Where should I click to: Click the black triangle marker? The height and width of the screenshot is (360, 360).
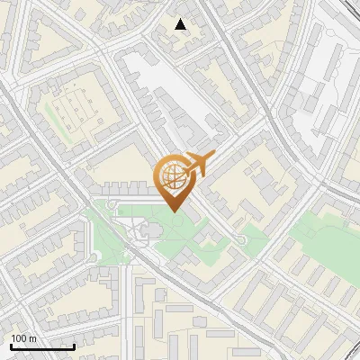point(181,24)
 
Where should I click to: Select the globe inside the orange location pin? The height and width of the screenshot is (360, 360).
point(175,177)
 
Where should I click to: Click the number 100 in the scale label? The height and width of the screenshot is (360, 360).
point(19,337)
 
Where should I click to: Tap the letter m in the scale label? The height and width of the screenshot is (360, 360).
point(32,337)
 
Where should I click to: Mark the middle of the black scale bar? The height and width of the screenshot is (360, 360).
point(42,346)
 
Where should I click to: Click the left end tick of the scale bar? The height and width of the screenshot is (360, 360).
point(11,346)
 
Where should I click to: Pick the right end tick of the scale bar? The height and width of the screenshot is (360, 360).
point(74,346)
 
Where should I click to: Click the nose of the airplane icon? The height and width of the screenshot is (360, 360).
point(213,157)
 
